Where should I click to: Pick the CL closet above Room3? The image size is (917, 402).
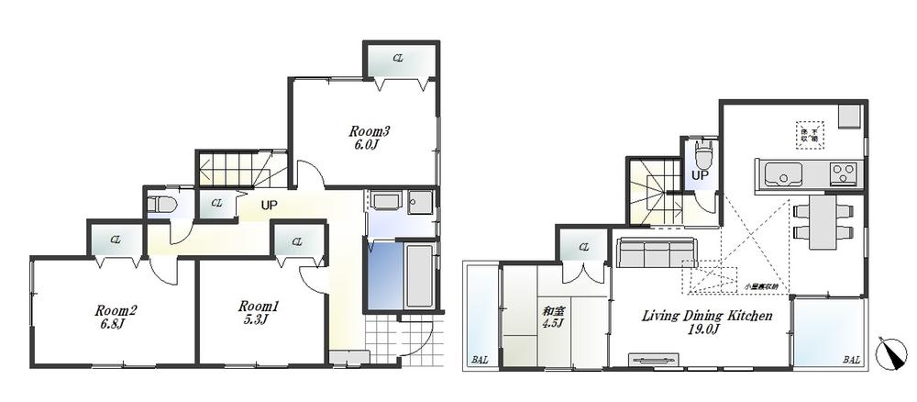pos(399,60)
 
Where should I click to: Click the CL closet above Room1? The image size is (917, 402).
pos(298,242)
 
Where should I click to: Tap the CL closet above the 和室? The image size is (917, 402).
pos(582,245)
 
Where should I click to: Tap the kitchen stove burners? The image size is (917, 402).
pos(844,173)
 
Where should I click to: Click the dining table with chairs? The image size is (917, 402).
pos(823,221)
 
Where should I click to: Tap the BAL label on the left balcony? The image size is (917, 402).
pos(479,361)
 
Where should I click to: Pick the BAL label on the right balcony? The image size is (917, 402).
pos(852,361)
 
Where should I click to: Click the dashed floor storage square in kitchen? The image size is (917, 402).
pos(810,134)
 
